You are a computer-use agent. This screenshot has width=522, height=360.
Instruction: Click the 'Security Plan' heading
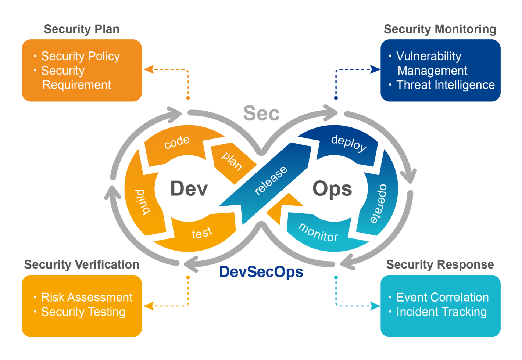82,29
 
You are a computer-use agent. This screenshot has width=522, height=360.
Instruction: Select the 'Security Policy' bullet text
80,56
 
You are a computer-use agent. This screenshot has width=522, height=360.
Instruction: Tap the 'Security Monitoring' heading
440,29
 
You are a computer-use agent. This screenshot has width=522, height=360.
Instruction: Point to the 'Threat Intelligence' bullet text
445,85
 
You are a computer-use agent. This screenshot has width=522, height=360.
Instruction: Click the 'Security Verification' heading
82,264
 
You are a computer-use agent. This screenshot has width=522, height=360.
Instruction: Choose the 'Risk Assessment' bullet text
87,297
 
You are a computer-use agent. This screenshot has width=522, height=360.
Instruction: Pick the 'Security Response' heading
440,264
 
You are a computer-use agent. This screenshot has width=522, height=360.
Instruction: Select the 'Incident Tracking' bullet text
441,312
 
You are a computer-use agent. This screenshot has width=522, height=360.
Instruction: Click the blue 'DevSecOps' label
261,272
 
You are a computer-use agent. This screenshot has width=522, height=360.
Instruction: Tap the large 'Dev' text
189,189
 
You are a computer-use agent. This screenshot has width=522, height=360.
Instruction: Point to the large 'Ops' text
332,189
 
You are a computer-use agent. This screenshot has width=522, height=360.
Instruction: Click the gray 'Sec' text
261,113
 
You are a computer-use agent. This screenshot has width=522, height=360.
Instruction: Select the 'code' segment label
177,142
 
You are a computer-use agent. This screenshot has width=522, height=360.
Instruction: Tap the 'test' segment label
202,233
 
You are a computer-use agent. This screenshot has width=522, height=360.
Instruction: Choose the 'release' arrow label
271,180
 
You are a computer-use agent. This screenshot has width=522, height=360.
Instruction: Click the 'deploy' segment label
348,143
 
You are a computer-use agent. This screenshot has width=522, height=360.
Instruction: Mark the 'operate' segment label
378,203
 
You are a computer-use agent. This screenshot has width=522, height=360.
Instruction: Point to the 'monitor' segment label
318,233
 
